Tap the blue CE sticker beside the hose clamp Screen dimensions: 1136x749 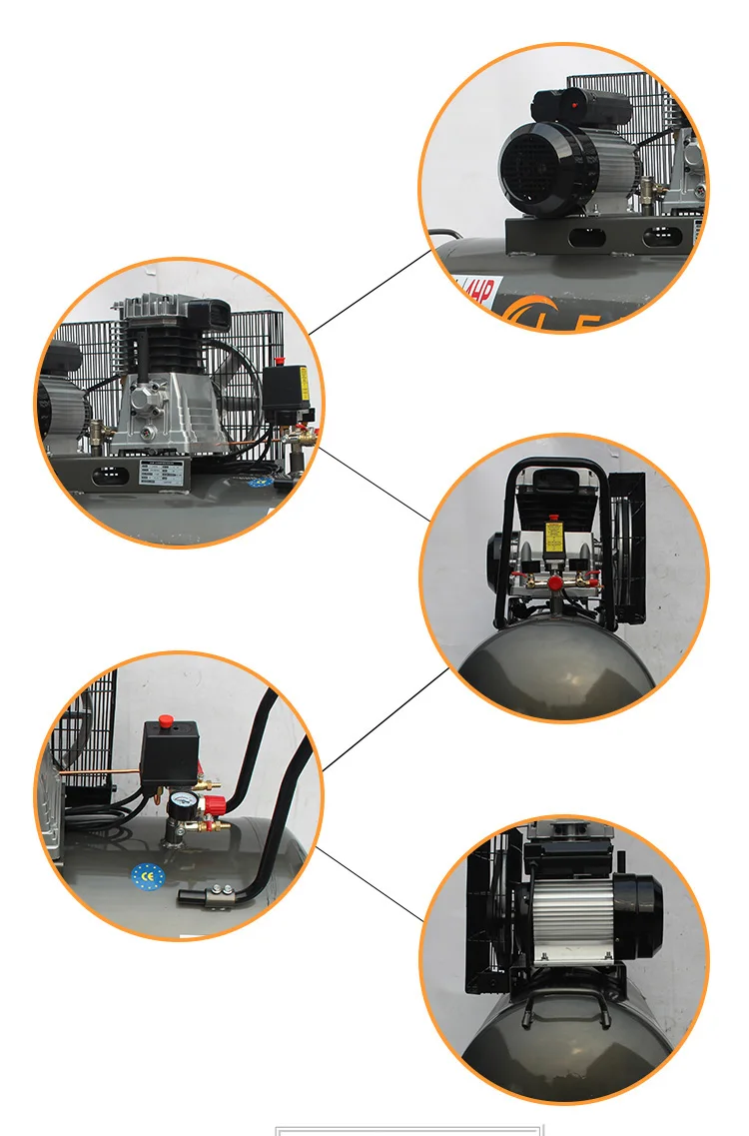145,874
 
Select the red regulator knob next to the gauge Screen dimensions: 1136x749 211,806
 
